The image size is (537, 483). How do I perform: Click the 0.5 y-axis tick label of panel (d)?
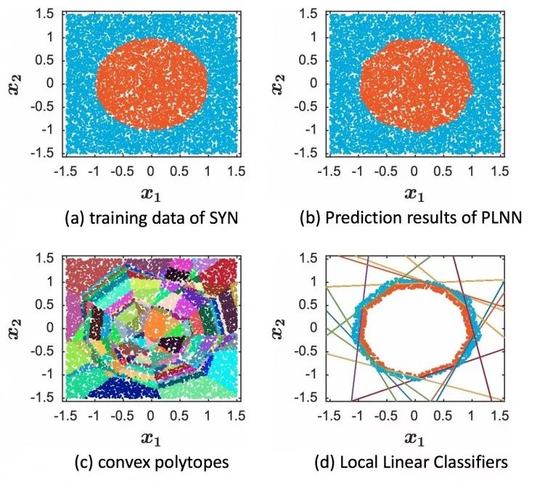[x=313, y=304]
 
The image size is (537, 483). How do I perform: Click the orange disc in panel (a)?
[x=151, y=82]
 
